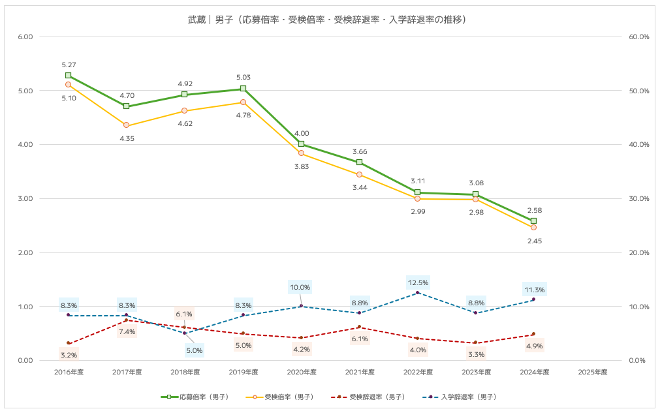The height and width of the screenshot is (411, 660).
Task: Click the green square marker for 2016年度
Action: pyautogui.click(x=69, y=76)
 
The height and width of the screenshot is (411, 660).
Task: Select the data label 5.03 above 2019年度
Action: pyautogui.click(x=243, y=78)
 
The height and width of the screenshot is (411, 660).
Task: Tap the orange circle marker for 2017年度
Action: pyautogui.click(x=127, y=125)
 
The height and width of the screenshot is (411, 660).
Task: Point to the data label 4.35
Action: pyautogui.click(x=127, y=139)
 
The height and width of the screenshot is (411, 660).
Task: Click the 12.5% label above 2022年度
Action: pyautogui.click(x=418, y=282)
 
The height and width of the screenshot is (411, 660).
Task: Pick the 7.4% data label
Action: pyautogui.click(x=127, y=331)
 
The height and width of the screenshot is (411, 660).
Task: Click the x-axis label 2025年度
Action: pyautogui.click(x=592, y=373)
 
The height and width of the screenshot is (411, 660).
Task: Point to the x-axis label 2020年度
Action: pyautogui.click(x=301, y=373)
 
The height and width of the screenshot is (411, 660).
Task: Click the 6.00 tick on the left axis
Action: pyautogui.click(x=25, y=37)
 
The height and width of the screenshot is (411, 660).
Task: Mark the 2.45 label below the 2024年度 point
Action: pyautogui.click(x=534, y=241)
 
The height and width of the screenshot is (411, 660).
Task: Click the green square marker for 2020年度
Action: pyautogui.click(x=301, y=144)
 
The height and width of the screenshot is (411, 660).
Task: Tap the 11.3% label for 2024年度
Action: pyautogui.click(x=534, y=290)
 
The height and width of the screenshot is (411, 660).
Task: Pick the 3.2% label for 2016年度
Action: pyautogui.click(x=69, y=355)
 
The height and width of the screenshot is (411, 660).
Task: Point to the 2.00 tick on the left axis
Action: pyautogui.click(x=25, y=252)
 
